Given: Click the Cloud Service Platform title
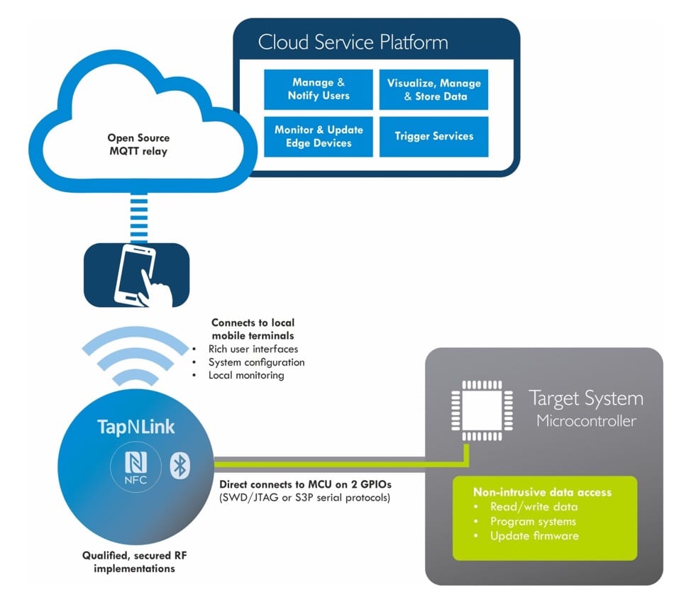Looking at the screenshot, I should pos(353,42).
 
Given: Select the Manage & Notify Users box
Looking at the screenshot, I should pos(319,89).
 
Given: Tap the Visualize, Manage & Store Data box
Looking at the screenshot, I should pos(433,89).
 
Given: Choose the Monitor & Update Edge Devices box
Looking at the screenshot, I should pos(319,136).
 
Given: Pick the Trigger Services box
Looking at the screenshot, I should pos(433,136).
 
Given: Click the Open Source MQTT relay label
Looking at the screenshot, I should pos(138,145).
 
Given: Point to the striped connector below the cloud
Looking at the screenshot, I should pos(138,216).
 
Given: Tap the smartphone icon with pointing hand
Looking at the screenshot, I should pos(138,274).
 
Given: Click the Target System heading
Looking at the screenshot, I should pos(586,398).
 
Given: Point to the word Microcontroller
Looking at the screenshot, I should pos(586,421).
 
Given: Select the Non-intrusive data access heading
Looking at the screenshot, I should pos(543,491).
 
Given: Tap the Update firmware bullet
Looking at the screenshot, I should pos(534,535).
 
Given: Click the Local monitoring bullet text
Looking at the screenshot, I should pos(246,375).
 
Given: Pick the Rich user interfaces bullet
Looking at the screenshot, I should pos(253,349).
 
